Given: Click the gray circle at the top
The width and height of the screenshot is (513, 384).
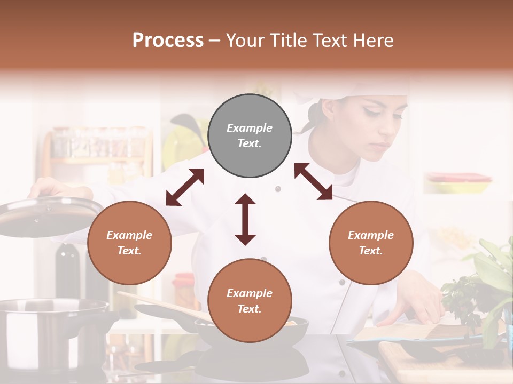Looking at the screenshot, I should (250, 136).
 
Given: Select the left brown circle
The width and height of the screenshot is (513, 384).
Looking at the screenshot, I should (129, 243).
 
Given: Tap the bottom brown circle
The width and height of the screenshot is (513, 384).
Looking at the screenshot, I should (250, 300).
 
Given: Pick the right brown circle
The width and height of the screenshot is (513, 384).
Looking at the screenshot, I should (370, 243).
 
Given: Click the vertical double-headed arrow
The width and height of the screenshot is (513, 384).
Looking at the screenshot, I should (245, 219).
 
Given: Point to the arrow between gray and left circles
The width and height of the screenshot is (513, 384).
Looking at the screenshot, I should (185, 187).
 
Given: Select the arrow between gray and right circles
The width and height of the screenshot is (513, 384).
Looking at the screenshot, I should (313, 181).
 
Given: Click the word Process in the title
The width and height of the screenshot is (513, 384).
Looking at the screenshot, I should (168, 40).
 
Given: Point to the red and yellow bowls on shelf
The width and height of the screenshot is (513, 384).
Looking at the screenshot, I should (458, 182).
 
